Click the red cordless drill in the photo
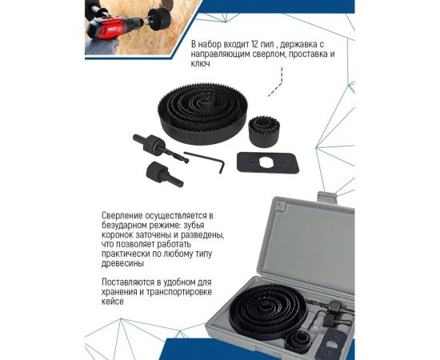coord(115,26)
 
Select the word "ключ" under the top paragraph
coord(200,63)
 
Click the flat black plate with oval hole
coord(268,162)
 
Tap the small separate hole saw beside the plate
coord(264,131)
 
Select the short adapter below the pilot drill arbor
coord(165,174)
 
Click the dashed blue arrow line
coord(279,82)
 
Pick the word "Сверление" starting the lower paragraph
coord(122,216)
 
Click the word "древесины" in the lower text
coord(122,263)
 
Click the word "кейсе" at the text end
coord(113,302)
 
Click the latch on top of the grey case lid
coord(326,197)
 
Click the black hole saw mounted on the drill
coord(159,18)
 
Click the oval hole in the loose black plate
coord(266,162)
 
